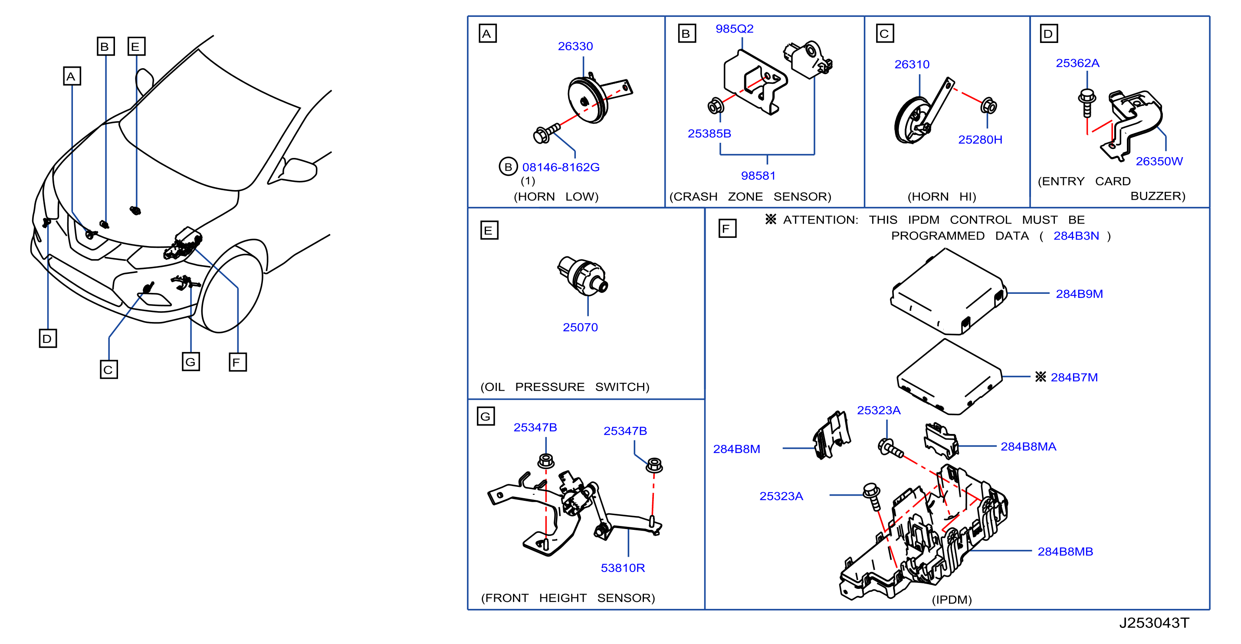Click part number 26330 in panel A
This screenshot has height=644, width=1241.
575,46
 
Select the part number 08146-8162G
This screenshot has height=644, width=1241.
561,167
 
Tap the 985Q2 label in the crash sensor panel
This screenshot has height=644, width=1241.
734,29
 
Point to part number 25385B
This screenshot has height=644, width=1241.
709,133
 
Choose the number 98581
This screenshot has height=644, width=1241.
758,175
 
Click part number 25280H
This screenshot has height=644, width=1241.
980,140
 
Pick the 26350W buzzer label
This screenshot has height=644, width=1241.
1159,161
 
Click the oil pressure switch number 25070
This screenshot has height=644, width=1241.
580,327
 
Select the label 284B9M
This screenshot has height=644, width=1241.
1079,294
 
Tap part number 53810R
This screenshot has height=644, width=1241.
622,568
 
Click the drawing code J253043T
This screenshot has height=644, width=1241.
1154,623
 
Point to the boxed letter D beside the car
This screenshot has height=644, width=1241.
48,338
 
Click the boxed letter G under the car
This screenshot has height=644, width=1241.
191,362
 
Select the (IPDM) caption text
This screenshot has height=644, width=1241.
952,600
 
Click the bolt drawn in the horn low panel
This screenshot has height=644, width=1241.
547,133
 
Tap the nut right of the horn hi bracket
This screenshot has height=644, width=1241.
988,106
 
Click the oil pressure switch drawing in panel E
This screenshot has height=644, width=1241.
582,276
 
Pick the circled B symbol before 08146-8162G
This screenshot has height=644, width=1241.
508,167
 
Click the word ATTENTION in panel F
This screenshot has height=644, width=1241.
821,220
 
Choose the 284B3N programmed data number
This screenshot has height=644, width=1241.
1076,236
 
